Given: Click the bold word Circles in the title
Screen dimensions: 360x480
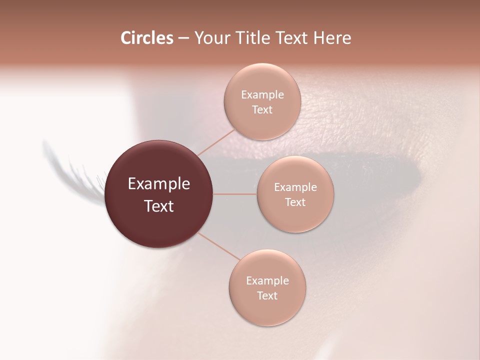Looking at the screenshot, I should [147, 38].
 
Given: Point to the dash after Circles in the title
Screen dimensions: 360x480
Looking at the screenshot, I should [183, 38].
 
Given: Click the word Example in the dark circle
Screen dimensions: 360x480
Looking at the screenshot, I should [159, 184].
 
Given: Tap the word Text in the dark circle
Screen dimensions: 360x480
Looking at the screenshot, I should [159, 206].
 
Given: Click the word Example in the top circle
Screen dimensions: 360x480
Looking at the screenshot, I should [262, 95].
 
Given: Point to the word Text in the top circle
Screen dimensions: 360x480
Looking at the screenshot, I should [262, 110].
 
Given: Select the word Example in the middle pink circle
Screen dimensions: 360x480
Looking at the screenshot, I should [295, 187].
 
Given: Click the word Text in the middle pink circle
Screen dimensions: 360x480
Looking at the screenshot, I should [295, 202].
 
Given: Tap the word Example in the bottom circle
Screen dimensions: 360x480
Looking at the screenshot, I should [267, 280].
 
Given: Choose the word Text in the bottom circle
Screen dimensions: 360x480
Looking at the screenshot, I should [267, 295].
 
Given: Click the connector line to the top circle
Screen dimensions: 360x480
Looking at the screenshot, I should [216, 142].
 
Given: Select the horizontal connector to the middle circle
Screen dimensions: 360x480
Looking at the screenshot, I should [235, 194].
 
